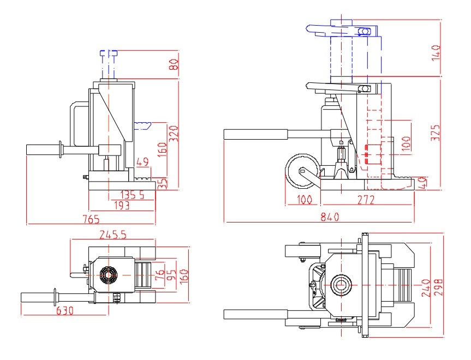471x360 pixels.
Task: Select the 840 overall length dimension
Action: coord(330,217)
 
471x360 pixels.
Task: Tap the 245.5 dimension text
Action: coord(113,235)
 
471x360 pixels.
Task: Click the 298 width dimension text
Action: coord(437,286)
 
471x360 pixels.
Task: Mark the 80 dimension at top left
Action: coord(174,64)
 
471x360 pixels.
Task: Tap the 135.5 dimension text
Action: coord(133,194)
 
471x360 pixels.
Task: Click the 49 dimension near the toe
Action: coord(142,162)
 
